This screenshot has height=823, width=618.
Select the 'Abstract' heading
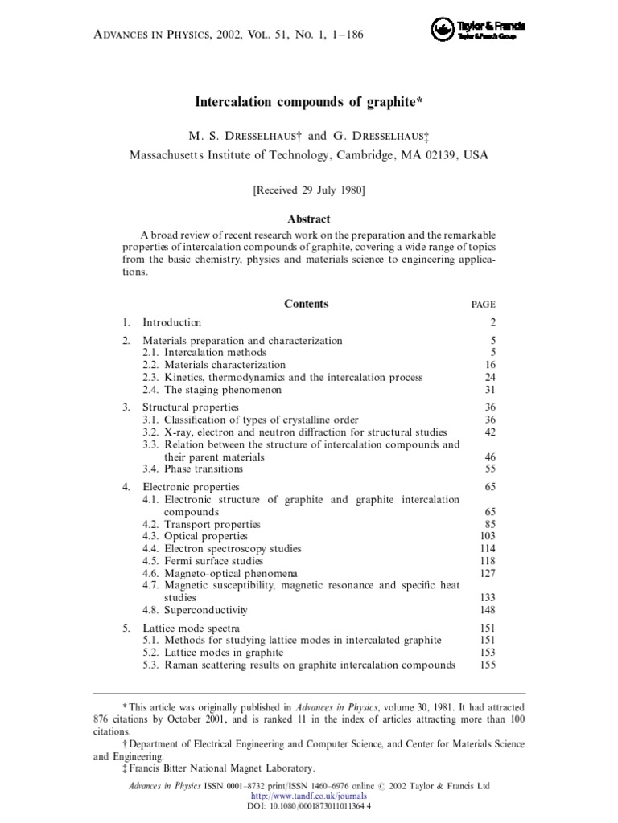(309, 219)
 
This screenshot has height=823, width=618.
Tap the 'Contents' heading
(306, 304)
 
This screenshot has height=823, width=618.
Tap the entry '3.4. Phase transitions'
(193, 469)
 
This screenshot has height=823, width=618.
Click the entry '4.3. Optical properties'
(196, 536)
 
